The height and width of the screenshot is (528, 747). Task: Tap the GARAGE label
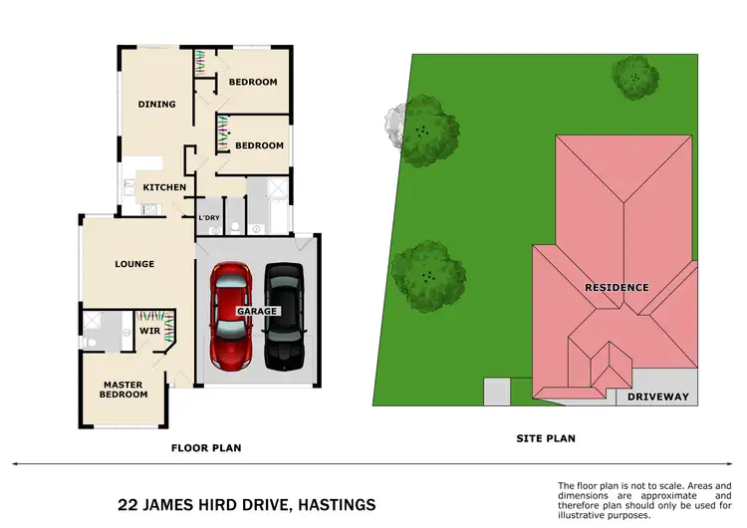(x=256, y=311)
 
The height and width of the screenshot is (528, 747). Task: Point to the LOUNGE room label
(x=134, y=264)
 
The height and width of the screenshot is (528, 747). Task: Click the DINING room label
(x=156, y=104)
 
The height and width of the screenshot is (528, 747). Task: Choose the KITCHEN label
(x=164, y=187)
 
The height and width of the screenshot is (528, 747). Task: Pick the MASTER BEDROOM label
(x=124, y=390)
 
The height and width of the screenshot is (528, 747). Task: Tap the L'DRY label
(x=209, y=218)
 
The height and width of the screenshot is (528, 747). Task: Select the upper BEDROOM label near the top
(x=253, y=82)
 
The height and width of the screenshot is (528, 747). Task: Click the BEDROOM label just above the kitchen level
(x=259, y=145)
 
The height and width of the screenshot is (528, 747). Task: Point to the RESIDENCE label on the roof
(x=617, y=288)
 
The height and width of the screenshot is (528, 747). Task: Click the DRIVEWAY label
(x=658, y=396)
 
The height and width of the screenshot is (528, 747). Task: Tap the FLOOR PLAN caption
(x=206, y=448)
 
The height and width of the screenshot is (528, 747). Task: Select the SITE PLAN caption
(x=545, y=438)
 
